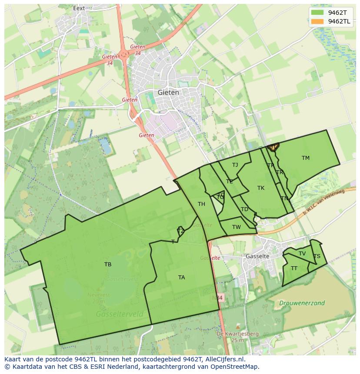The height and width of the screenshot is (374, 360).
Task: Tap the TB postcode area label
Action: pyautogui.click(x=108, y=264)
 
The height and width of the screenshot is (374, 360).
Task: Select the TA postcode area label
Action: pyautogui.click(x=181, y=277)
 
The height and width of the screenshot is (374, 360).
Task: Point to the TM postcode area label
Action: pyautogui.click(x=306, y=158)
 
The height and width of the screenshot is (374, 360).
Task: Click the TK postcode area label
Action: pyautogui.click(x=261, y=188)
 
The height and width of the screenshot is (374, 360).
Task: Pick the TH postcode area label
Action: pyautogui.click(x=201, y=204)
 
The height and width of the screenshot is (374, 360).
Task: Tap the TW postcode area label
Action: pyautogui.click(x=236, y=227)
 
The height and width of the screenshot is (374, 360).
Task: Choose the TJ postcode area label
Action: pyautogui.click(x=235, y=165)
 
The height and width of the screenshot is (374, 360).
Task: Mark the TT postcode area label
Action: pyautogui.click(x=294, y=268)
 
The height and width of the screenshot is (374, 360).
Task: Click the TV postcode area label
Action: pyautogui.click(x=302, y=253)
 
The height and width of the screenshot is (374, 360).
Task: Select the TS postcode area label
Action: pyautogui.click(x=317, y=256)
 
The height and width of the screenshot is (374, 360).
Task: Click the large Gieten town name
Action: pyautogui.click(x=168, y=93)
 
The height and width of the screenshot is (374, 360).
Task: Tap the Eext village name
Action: pyautogui.click(x=79, y=8)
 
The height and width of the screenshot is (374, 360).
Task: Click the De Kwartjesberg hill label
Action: pyautogui.click(x=237, y=334)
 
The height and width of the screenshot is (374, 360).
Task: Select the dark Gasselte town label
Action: pyautogui.click(x=257, y=256)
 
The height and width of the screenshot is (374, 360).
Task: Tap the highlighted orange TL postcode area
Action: pyautogui.click(x=273, y=148)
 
